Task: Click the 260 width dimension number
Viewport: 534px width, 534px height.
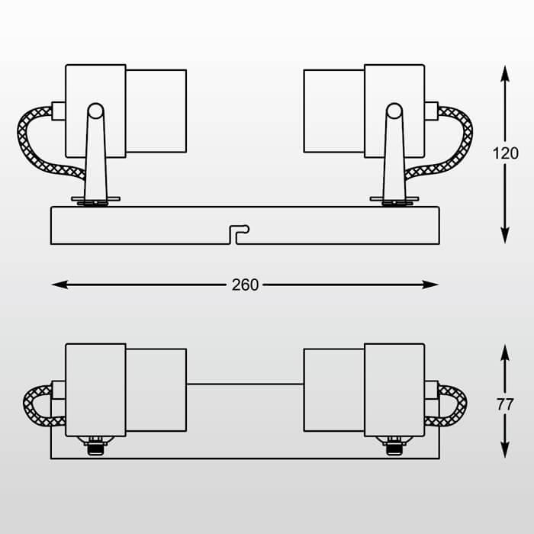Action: point(245,285)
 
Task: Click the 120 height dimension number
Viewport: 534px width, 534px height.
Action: point(505,153)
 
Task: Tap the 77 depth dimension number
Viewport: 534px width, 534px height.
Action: point(505,405)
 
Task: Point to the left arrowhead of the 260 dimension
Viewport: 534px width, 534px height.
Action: point(60,285)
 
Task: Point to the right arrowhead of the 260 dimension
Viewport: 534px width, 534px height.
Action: point(430,285)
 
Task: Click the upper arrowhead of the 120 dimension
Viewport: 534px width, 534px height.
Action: point(505,73)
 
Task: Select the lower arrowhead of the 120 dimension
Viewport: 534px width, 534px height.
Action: point(505,236)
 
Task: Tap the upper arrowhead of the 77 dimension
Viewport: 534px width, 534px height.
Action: point(505,352)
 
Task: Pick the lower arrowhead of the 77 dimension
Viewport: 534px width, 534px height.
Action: point(505,450)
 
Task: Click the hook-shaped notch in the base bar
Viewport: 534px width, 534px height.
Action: point(239,234)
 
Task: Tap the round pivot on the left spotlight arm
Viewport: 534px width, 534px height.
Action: point(95,111)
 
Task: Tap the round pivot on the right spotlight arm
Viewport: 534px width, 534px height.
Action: point(394,111)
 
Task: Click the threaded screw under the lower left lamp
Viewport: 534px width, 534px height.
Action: point(95,446)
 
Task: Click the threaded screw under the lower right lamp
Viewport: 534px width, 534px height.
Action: point(394,446)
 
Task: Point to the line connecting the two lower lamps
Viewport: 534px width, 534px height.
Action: point(245,384)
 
